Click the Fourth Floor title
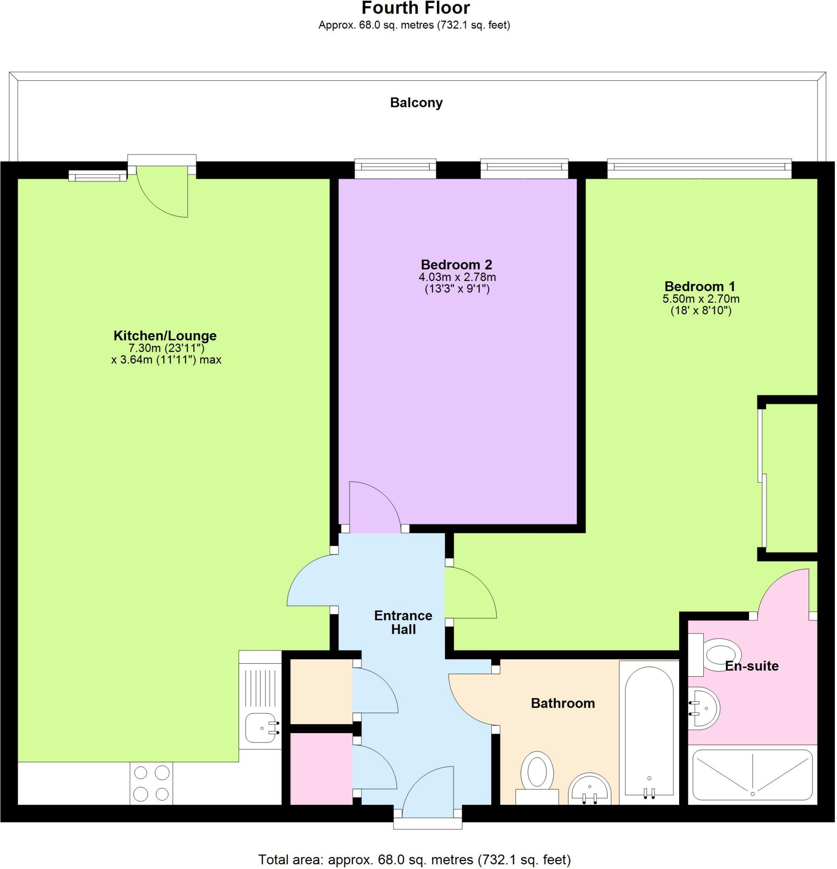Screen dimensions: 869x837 pos(415,8)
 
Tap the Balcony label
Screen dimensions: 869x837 pos(416,103)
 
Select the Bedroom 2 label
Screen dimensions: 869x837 pos(456,265)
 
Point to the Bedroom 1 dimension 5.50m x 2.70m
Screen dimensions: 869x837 pos(700,299)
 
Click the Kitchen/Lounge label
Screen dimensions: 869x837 pos(165,336)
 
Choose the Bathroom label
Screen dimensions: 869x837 pos(562,703)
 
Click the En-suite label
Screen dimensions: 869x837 pos(751,666)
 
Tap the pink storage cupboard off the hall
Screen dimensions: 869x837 pos(321,769)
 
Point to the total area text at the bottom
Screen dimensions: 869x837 pos(414,860)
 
